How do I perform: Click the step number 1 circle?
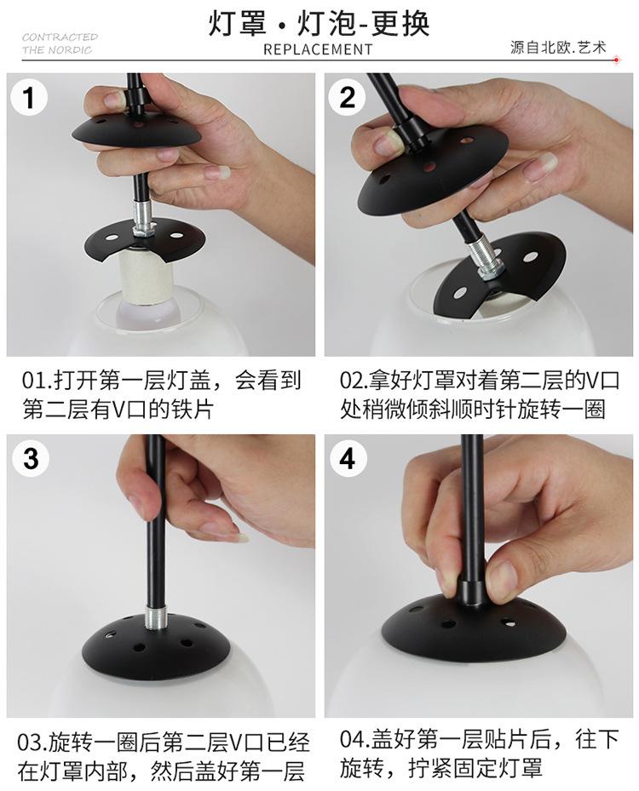29,97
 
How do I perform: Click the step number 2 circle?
348,97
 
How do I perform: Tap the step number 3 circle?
31,459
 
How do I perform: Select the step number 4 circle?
348,459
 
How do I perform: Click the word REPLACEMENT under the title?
318,49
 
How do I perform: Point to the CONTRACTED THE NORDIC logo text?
60,43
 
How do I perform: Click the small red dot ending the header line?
616,60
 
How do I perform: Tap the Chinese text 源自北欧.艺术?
558,48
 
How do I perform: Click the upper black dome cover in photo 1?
137,129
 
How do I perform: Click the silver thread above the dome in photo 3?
153,617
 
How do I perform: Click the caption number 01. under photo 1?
35,381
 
